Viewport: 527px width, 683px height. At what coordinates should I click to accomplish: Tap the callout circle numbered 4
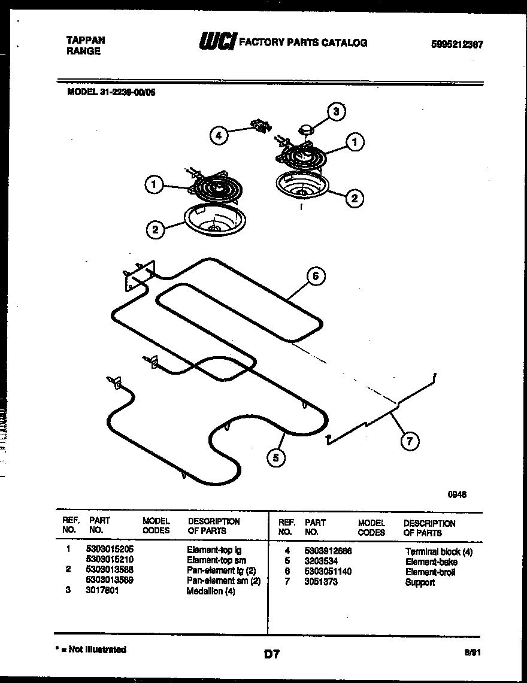click(x=219, y=136)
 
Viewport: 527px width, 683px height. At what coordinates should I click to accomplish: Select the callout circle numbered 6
click(x=316, y=276)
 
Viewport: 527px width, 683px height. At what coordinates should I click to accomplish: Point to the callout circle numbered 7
click(x=409, y=442)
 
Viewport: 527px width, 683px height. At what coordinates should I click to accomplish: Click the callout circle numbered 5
click(x=276, y=458)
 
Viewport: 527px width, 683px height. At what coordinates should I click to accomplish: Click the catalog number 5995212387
click(x=457, y=44)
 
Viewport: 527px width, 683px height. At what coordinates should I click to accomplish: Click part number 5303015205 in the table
click(x=110, y=549)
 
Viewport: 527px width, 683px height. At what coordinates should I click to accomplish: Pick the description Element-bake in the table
click(x=431, y=561)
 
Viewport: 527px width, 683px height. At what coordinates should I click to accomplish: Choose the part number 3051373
click(x=321, y=582)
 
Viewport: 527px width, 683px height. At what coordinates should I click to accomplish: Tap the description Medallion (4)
click(x=210, y=591)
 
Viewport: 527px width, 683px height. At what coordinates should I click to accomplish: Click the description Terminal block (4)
click(x=438, y=551)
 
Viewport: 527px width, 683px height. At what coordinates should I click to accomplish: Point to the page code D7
click(x=272, y=654)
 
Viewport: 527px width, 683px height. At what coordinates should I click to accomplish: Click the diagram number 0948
click(x=457, y=494)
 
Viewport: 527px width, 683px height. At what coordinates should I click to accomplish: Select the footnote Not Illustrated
click(x=93, y=649)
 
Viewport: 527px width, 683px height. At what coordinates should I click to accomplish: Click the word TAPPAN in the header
click(x=84, y=40)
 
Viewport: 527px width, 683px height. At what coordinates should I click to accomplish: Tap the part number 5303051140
click(x=328, y=572)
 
